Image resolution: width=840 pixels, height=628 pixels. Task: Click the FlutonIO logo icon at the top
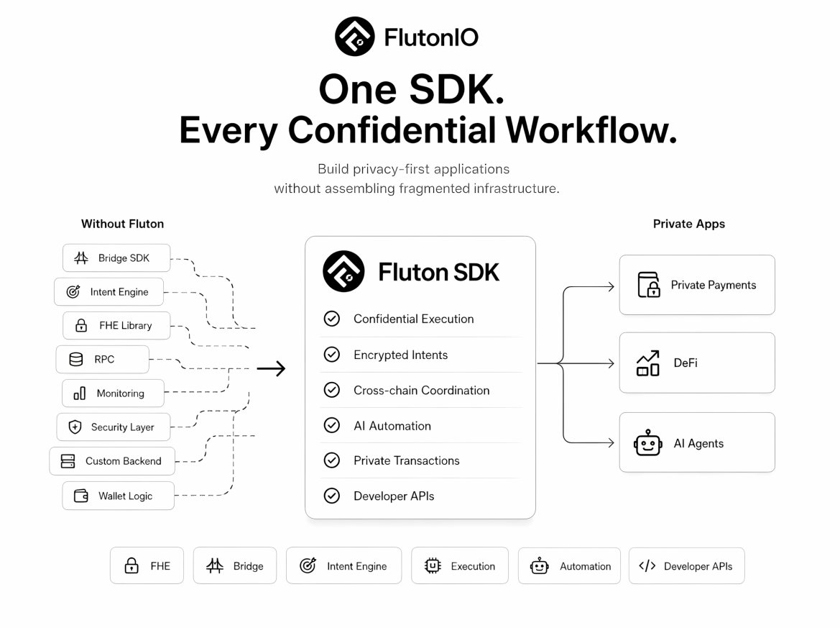coord(355,37)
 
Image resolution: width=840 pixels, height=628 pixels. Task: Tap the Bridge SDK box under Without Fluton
coord(116,258)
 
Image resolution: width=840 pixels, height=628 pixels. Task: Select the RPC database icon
coord(76,359)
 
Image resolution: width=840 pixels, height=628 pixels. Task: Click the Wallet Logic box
coord(118,496)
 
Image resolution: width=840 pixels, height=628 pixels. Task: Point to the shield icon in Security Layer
coord(75,427)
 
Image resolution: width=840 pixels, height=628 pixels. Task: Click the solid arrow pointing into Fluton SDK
coord(271,368)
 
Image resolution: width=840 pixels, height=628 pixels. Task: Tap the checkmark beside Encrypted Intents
coord(331,355)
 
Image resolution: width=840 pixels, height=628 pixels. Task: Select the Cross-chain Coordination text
coord(422,391)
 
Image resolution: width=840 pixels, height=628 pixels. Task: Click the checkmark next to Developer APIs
coord(331,496)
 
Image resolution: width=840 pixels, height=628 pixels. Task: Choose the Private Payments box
coord(697,285)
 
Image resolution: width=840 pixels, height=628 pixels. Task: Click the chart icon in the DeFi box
coord(647,363)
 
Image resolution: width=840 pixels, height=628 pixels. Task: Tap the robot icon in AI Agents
coord(647,443)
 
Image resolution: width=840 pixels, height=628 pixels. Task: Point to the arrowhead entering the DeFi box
coord(611,363)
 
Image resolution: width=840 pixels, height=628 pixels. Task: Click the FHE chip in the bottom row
coord(147,566)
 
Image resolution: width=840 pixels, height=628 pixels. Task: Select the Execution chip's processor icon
coord(433,566)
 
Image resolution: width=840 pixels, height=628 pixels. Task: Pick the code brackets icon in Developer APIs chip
coord(647,566)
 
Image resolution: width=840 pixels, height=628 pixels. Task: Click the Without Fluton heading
coord(123,224)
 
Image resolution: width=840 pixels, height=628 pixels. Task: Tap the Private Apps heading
coord(689,224)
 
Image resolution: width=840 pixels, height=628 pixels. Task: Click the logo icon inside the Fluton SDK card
coord(343,271)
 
